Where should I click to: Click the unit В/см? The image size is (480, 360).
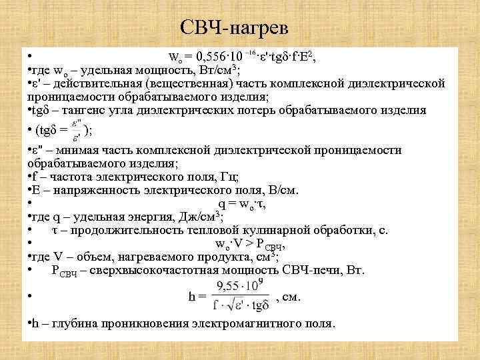(x=283, y=190)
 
